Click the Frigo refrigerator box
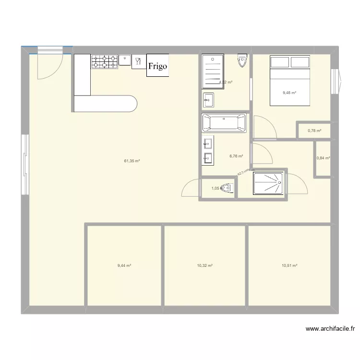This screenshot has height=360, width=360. (x=157, y=65)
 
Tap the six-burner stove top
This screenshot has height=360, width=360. (x=104, y=61)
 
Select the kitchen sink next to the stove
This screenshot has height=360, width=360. (x=125, y=60)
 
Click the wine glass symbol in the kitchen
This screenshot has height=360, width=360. (x=138, y=60)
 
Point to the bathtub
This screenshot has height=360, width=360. (x=224, y=123)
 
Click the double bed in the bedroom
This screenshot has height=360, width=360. (x=290, y=80)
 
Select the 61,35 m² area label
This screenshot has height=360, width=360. (x=132, y=161)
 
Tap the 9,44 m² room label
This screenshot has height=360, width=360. (x=124, y=265)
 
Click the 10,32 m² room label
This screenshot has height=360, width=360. (x=204, y=265)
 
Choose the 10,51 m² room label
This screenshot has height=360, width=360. (x=289, y=265)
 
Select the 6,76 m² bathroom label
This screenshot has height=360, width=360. (x=236, y=156)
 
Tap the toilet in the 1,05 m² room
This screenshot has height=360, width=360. (x=228, y=189)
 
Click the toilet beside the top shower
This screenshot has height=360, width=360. (x=242, y=61)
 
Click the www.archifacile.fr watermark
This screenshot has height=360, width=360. (x=330, y=329)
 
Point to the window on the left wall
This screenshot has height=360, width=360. (x=24, y=165)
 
